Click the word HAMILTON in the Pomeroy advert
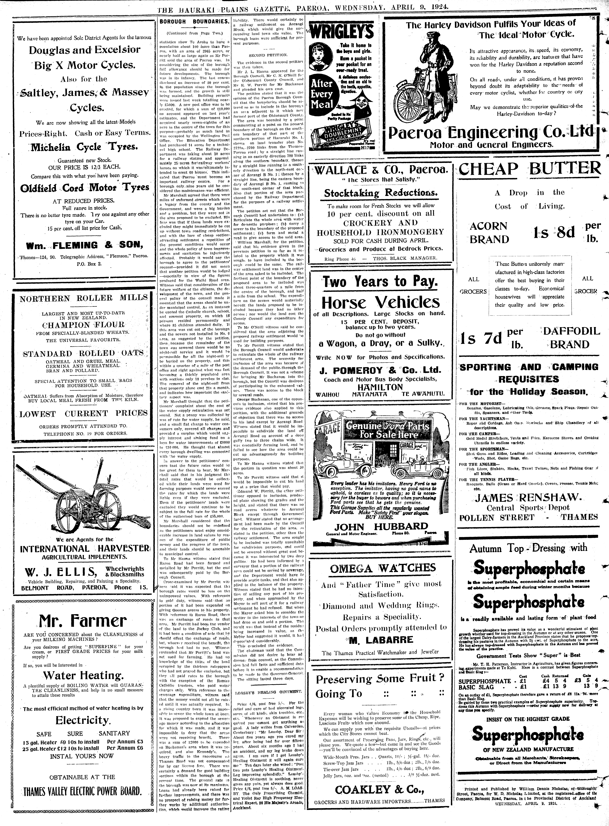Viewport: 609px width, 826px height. [x=380, y=387]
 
